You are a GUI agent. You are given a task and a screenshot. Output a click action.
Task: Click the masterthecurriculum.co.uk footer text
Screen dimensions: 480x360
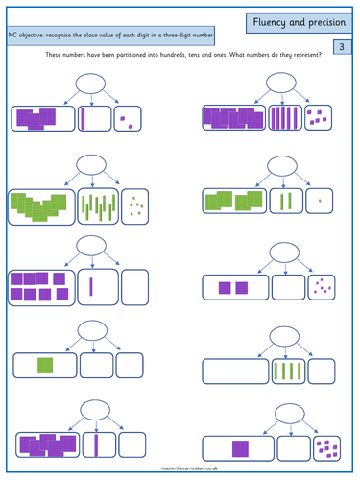tap(180, 469)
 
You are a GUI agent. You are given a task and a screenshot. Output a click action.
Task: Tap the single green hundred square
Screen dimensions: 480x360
tap(44, 365)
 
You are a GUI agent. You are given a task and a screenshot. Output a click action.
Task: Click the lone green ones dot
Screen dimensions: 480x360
tap(320, 201)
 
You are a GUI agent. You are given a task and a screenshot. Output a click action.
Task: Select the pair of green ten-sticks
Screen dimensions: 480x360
tap(286, 201)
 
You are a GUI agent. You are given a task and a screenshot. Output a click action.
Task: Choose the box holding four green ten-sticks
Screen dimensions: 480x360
tap(287, 372)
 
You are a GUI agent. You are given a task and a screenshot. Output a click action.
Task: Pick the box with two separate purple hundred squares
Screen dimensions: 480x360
tap(234, 286)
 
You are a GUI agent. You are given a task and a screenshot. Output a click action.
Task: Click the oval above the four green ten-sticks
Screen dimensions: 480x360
tap(286, 334)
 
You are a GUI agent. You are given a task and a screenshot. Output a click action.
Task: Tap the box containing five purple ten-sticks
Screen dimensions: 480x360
tap(286, 117)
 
